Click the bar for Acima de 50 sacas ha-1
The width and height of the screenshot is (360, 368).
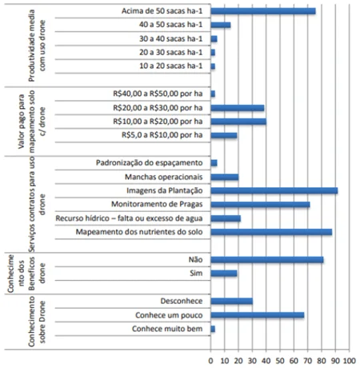[263, 11]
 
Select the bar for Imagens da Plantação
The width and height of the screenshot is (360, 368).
[274, 190]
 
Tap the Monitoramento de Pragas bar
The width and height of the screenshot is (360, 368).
[260, 205]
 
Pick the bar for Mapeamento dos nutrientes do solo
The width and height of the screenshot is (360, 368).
[271, 232]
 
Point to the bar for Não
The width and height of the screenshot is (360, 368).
[267, 260]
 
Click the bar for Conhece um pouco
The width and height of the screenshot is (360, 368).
[258, 315]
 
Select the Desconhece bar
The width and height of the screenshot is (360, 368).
[231, 302]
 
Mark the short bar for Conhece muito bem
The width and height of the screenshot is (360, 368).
[213, 329]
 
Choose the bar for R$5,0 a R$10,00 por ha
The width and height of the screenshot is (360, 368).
[224, 135]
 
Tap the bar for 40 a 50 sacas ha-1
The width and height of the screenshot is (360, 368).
[221, 25]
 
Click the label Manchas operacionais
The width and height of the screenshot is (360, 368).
[164, 177]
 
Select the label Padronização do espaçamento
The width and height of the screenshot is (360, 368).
[150, 163]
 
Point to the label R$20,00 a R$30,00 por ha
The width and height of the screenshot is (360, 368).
[158, 108]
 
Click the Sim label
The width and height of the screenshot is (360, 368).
[196, 274]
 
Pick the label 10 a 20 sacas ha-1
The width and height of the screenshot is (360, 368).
[171, 66]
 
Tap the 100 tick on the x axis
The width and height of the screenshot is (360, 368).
[350, 361]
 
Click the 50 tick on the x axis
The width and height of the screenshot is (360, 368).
[280, 361]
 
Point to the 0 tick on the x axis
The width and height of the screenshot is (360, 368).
[210, 361]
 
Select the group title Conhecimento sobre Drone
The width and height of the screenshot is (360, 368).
[37, 322]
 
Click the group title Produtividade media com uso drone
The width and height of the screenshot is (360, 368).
[37, 46]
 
